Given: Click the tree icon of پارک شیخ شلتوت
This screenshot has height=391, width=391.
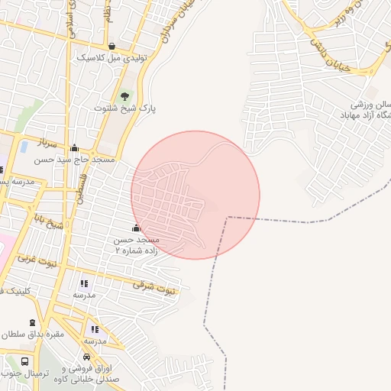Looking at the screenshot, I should [x=124, y=96].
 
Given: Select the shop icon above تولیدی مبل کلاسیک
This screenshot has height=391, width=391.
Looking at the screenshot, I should [x=112, y=46].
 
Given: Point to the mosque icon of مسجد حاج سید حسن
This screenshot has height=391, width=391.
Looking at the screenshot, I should [x=74, y=149].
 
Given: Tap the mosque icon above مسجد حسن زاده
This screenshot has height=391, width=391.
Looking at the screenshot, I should [x=137, y=228].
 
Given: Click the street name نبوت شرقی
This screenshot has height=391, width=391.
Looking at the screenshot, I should [x=153, y=286].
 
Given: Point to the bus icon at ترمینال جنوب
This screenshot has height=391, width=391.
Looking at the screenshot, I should [x=24, y=361].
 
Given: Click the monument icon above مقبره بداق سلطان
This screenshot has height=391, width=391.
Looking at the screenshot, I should [x=32, y=323].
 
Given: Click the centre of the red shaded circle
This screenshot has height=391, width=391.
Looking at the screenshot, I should [x=195, y=195].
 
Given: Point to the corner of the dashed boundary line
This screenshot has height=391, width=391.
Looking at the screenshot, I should [x=227, y=218].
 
